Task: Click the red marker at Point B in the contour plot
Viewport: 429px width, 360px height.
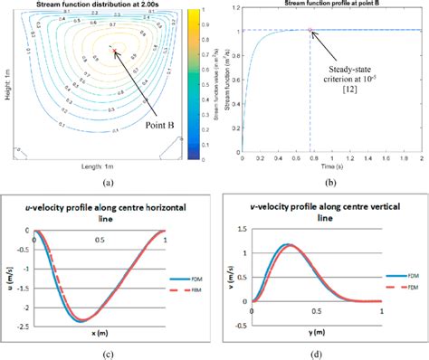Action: click(x=115, y=52)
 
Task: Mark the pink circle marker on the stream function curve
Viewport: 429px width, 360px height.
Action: click(x=310, y=31)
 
